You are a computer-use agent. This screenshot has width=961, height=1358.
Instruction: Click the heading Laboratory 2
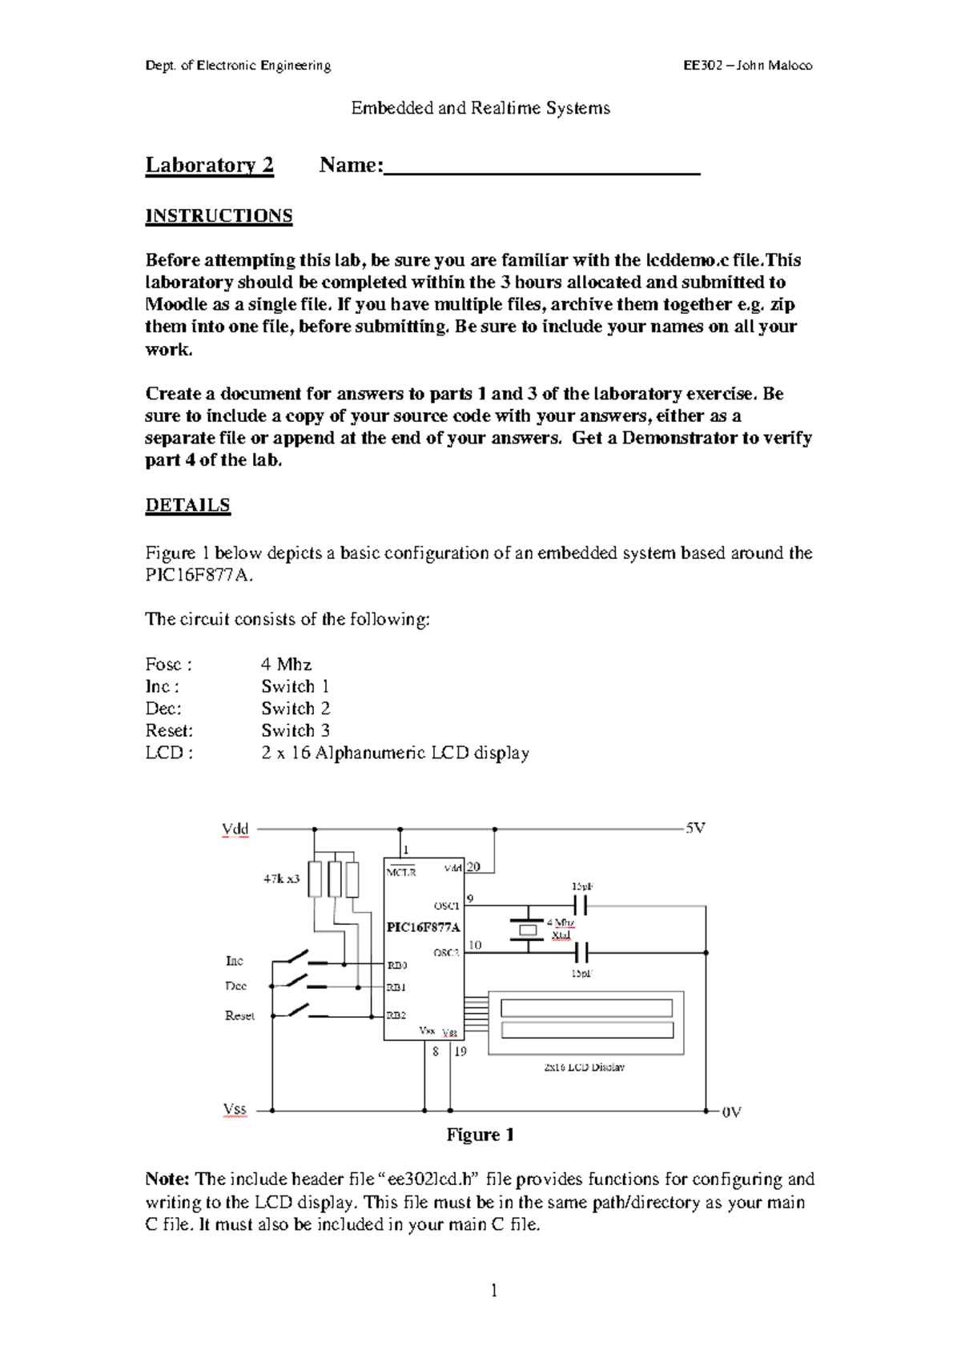click(209, 165)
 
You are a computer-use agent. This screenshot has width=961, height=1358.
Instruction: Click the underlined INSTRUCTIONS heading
click(219, 216)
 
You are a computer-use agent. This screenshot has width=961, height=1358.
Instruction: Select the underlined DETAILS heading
click(187, 505)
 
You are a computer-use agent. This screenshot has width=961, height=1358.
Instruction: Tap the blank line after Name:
click(542, 168)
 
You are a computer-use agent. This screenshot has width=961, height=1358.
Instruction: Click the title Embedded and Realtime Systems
click(480, 108)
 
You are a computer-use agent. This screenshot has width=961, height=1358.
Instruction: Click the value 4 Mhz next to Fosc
click(286, 665)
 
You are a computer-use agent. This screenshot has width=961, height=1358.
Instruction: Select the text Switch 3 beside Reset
click(296, 730)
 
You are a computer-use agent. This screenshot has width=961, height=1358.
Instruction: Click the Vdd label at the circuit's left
click(235, 830)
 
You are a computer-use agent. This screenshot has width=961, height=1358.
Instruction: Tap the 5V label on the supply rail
click(695, 829)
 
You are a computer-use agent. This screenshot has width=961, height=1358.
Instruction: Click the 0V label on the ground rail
click(732, 1112)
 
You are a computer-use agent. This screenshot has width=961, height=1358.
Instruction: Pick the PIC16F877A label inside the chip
click(424, 927)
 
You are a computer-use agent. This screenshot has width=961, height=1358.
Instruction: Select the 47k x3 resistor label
click(282, 878)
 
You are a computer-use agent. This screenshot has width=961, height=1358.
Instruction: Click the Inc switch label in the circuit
click(234, 961)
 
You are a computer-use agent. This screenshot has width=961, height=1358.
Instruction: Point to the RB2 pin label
click(397, 1015)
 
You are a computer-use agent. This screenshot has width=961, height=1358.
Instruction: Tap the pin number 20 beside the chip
click(473, 867)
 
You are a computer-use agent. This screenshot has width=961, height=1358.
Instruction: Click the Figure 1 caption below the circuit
click(480, 1135)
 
